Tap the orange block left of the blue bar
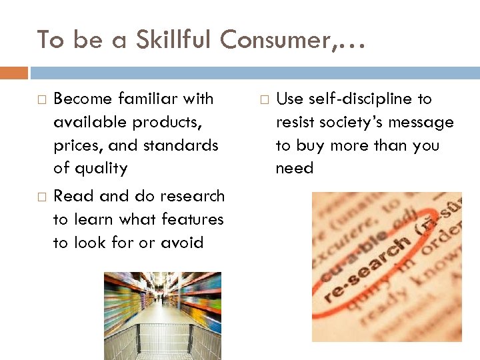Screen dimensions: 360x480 tap(14, 73)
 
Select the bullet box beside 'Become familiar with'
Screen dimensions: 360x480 tap(41, 99)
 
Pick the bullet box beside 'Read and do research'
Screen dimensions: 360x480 tap(41, 197)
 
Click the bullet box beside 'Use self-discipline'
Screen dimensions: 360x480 tap(264, 99)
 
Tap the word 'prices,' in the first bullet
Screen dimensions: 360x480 tap(77, 145)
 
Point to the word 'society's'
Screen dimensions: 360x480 tap(349, 122)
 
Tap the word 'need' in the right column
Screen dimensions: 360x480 tap(294, 169)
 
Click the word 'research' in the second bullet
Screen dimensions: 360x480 tap(188, 196)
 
